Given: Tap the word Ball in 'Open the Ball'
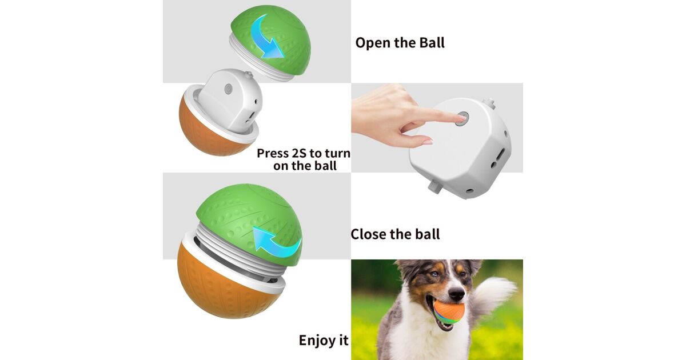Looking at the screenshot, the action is [432, 42].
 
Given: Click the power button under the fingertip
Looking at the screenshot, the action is [462, 118].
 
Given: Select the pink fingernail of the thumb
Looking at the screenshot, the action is [428, 142].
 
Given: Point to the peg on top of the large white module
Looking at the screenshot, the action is [489, 103].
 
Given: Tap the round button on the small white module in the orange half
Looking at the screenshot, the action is [228, 89].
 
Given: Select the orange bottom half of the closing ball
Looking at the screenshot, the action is [226, 291].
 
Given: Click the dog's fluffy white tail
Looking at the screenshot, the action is [493, 295].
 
